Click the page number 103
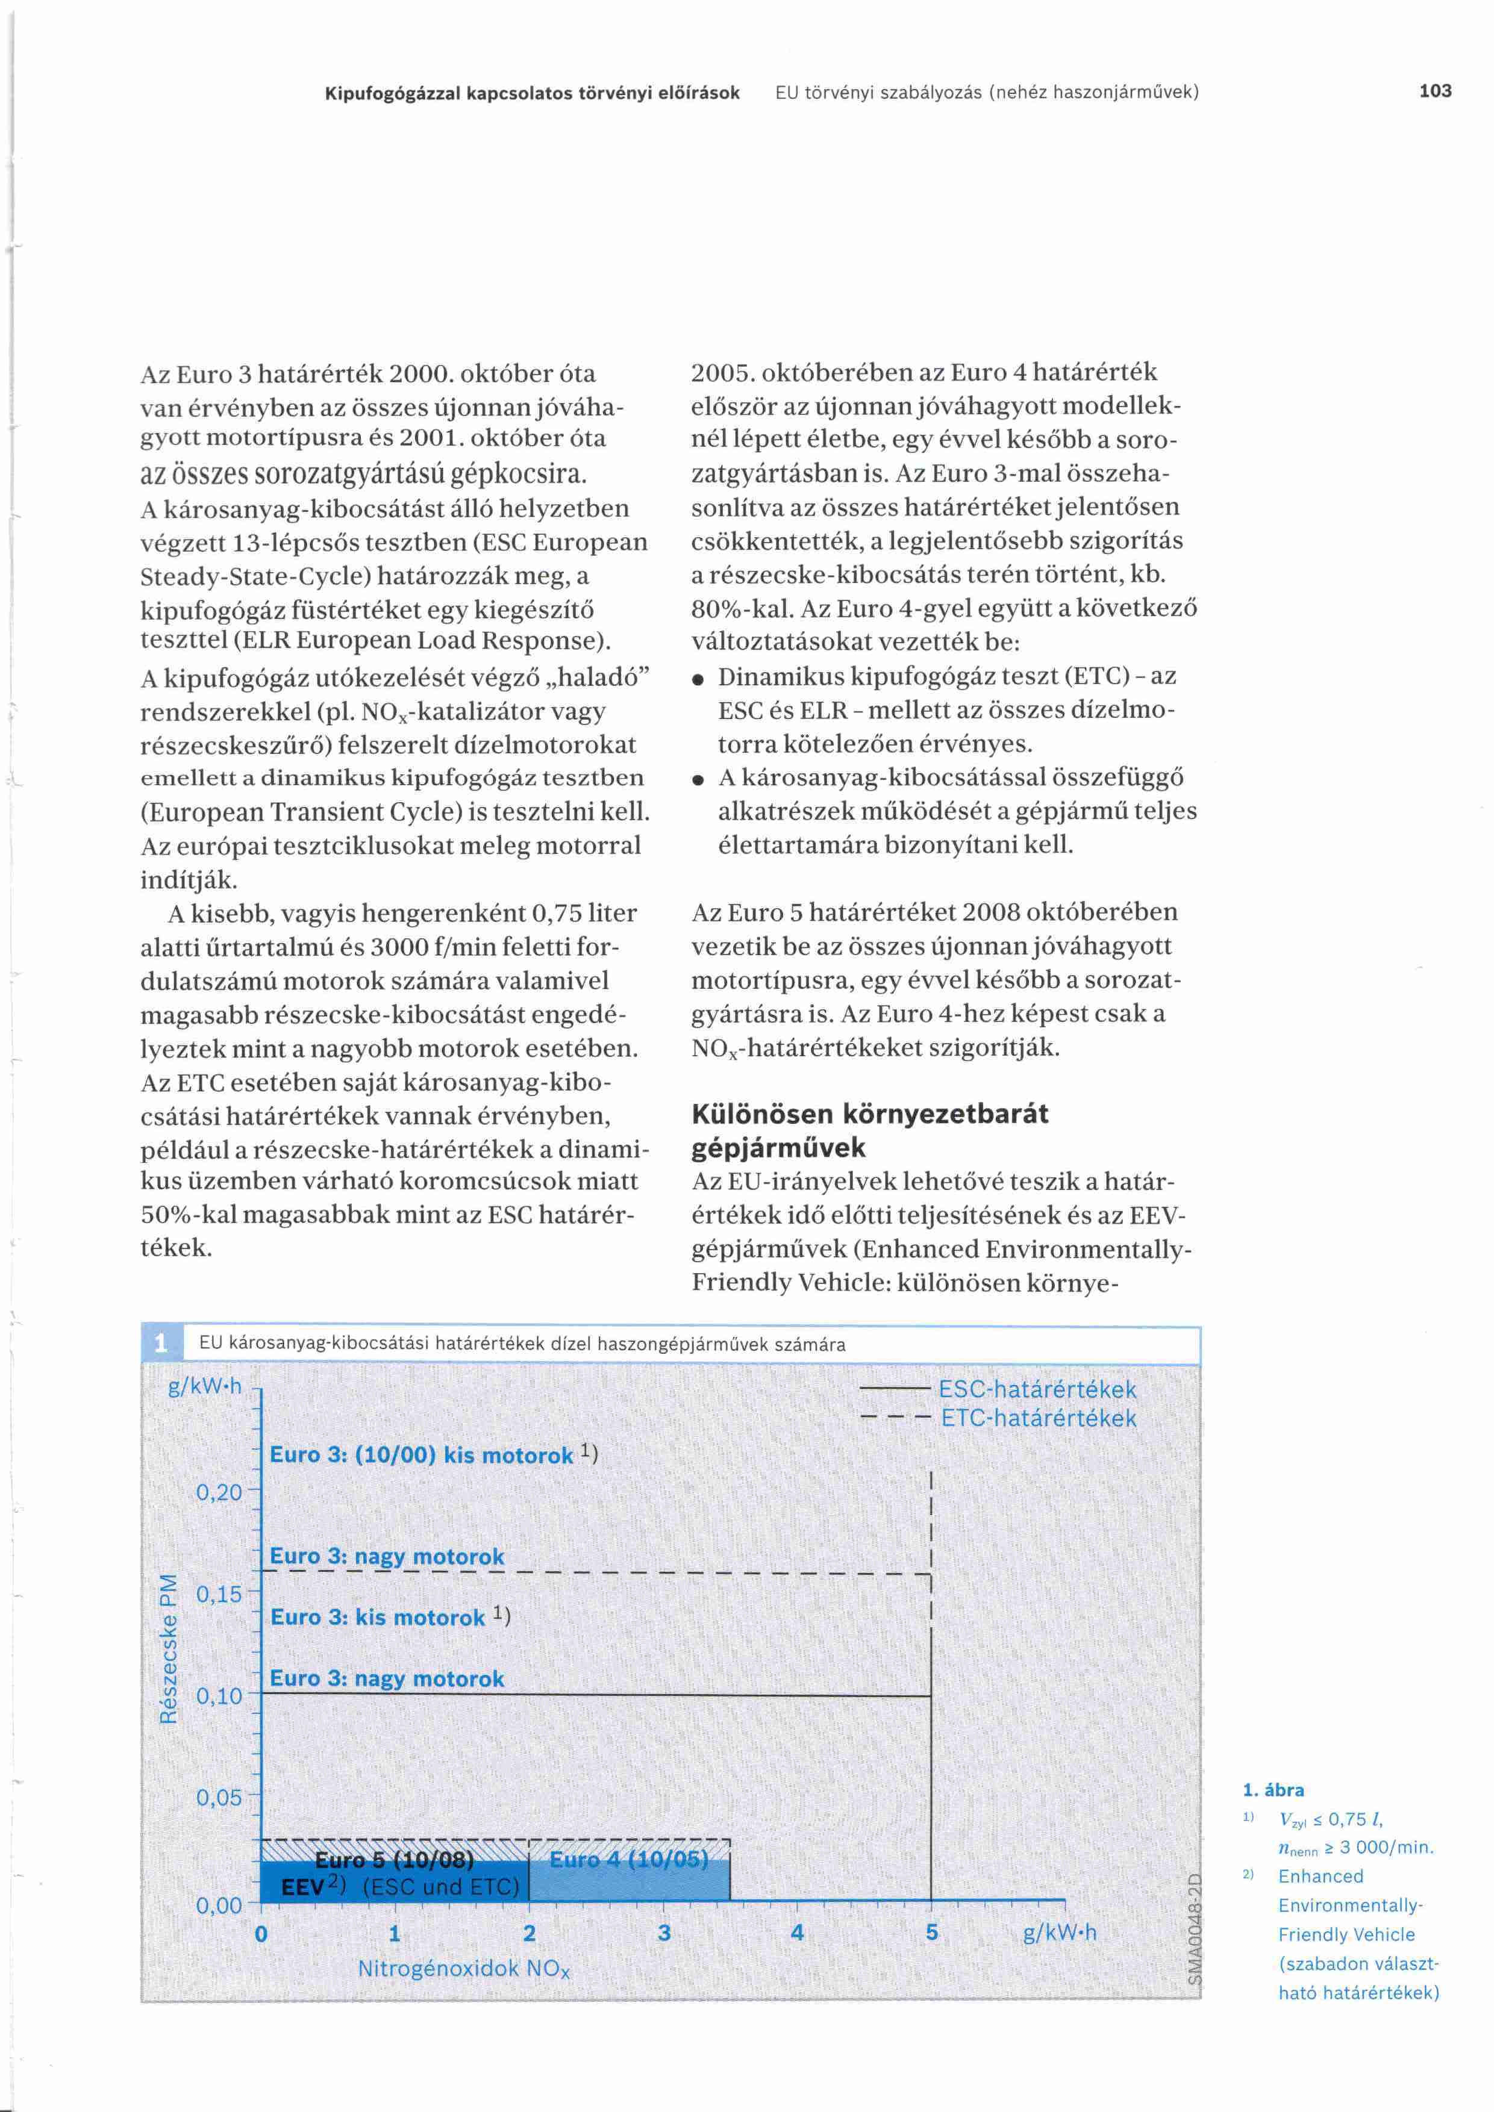1434,91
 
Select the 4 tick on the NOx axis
796,1933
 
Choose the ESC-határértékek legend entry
1037,1390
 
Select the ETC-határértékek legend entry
1039,1418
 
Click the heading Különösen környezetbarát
869,1114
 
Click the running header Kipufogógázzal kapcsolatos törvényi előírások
533,93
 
